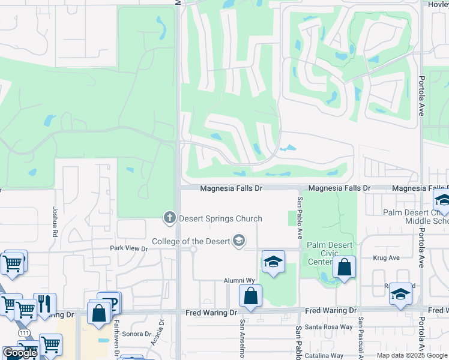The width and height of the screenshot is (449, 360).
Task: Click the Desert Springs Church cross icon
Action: pyautogui.click(x=170, y=217)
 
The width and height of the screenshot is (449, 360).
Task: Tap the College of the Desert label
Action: pyautogui.click(x=191, y=241)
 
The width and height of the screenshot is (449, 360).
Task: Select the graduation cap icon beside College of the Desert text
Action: pyautogui.click(x=239, y=241)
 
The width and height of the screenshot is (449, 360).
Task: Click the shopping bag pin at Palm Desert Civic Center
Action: pyautogui.click(x=344, y=267)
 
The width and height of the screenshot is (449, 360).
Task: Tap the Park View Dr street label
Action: pyautogui.click(x=128, y=248)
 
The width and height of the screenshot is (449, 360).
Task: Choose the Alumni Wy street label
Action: pyautogui.click(x=240, y=280)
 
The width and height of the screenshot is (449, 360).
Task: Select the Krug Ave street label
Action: pyautogui.click(x=386, y=258)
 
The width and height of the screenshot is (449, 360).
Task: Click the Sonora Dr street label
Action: pyautogui.click(x=136, y=334)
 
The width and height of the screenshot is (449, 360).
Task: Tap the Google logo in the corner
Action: pyautogui.click(x=20, y=353)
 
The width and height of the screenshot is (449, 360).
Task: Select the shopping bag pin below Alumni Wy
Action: pyautogui.click(x=250, y=296)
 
